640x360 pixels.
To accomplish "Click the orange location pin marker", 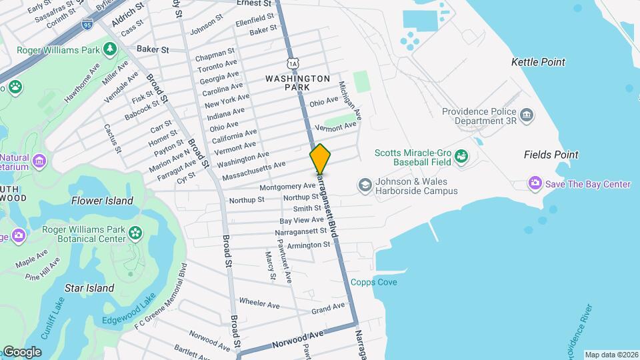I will point(320,159).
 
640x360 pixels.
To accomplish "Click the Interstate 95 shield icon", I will point(87,25).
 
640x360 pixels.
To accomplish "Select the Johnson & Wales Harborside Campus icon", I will point(365,183).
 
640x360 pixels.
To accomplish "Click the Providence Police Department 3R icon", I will point(527,116).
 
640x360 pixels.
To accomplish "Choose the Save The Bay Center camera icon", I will point(535,183).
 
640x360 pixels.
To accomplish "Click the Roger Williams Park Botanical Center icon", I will point(136,233).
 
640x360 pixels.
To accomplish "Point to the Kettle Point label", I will point(538,62).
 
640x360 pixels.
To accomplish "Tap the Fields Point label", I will point(550,155).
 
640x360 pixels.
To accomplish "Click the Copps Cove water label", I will point(374,282).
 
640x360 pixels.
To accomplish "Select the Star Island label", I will point(89,288).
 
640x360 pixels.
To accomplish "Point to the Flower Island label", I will point(102,201).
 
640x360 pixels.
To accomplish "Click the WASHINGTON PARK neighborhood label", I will point(297,83).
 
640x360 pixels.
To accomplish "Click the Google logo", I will point(22,352).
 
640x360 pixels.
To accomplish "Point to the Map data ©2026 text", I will point(611,355).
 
